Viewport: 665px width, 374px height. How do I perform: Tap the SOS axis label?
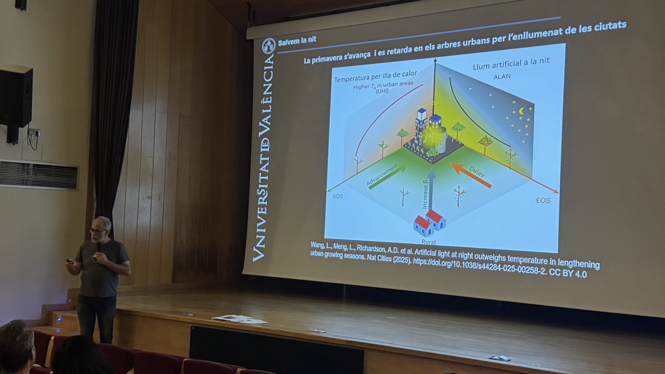click(x=337, y=196)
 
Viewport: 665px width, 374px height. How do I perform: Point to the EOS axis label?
click(x=543, y=200)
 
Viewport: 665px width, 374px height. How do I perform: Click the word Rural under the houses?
click(x=429, y=242)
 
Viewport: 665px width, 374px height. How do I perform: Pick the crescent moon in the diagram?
click(x=521, y=111)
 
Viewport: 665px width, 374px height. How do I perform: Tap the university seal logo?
click(x=269, y=46)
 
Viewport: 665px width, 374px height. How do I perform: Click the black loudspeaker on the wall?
click(x=16, y=96)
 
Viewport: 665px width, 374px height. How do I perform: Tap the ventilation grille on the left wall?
click(x=39, y=174)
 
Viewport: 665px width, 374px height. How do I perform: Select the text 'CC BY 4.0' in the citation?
click(x=568, y=273)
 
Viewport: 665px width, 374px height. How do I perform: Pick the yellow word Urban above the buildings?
click(x=433, y=103)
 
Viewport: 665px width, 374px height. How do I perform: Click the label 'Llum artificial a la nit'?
click(x=511, y=63)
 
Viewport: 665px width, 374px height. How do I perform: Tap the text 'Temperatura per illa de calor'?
click(x=375, y=76)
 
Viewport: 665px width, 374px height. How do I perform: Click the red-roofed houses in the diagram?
click(x=429, y=223)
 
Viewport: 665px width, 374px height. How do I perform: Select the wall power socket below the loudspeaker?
click(x=34, y=133)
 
